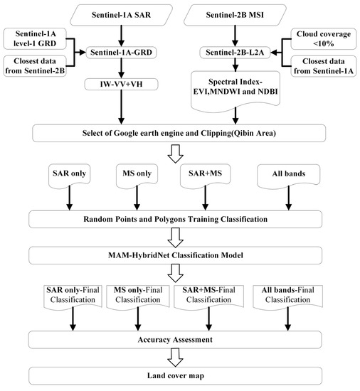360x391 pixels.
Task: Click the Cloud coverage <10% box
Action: pos(321,38)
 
